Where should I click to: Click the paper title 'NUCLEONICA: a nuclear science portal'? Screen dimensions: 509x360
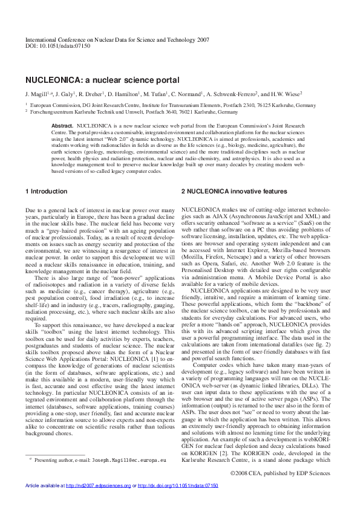(x=102, y=80)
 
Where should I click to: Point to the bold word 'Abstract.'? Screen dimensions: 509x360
(x=62, y=125)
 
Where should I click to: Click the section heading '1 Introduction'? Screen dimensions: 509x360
(x=47, y=191)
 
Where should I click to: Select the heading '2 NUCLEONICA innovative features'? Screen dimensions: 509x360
(x=234, y=191)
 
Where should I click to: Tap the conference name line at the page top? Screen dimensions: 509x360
(x=117, y=39)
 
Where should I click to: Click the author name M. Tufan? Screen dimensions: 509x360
(x=157, y=94)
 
